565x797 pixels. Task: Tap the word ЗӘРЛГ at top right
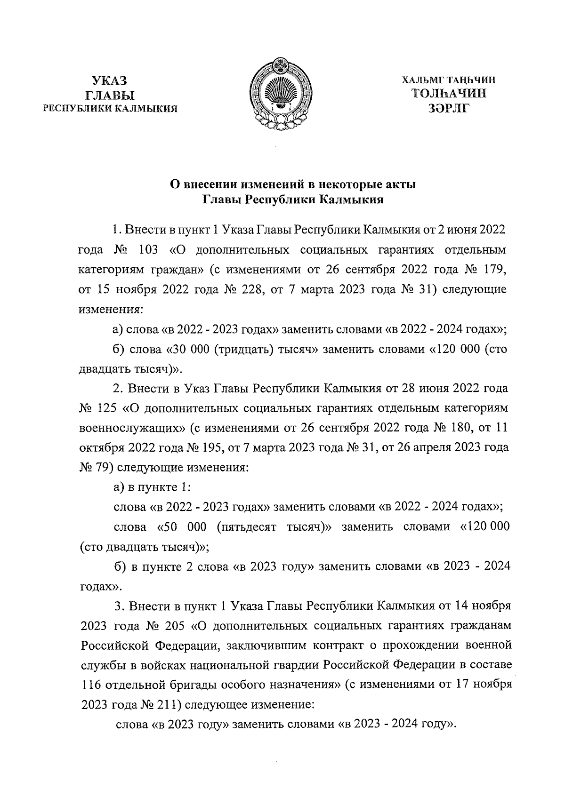[449, 108]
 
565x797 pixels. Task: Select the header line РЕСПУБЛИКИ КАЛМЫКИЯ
[110, 109]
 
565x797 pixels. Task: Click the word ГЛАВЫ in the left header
[110, 95]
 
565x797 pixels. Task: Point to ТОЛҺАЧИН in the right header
[449, 94]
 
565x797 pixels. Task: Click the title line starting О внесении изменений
[292, 185]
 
